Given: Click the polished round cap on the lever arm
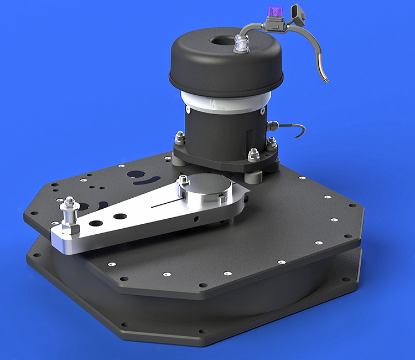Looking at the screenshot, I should [x=204, y=188].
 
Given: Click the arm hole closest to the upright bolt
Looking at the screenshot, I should [x=96, y=223].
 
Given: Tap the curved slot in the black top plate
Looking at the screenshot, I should [x=144, y=182].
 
